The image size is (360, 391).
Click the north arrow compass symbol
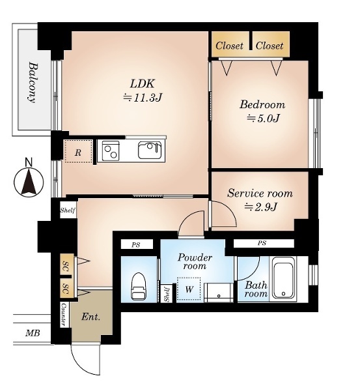click(x=29, y=182)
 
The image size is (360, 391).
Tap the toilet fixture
click(x=139, y=286)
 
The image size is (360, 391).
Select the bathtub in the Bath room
click(x=283, y=278)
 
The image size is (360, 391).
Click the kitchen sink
click(x=150, y=150)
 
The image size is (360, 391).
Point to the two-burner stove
click(x=111, y=151)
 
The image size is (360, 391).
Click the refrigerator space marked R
click(x=78, y=151)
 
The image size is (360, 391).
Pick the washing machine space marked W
click(x=189, y=289)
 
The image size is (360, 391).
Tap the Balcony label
click(x=33, y=83)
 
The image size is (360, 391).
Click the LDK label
click(x=143, y=83)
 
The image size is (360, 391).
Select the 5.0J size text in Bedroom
click(x=262, y=118)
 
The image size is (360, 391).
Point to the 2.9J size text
click(x=260, y=207)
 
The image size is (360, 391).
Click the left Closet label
click(x=229, y=46)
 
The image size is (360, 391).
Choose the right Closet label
click(x=270, y=46)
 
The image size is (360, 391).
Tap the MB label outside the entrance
click(x=33, y=333)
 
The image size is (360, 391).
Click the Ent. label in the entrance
click(x=90, y=317)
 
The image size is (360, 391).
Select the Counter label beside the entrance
click(x=64, y=315)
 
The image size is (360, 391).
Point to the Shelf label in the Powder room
click(x=166, y=294)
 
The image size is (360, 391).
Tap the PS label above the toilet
click(x=136, y=245)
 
